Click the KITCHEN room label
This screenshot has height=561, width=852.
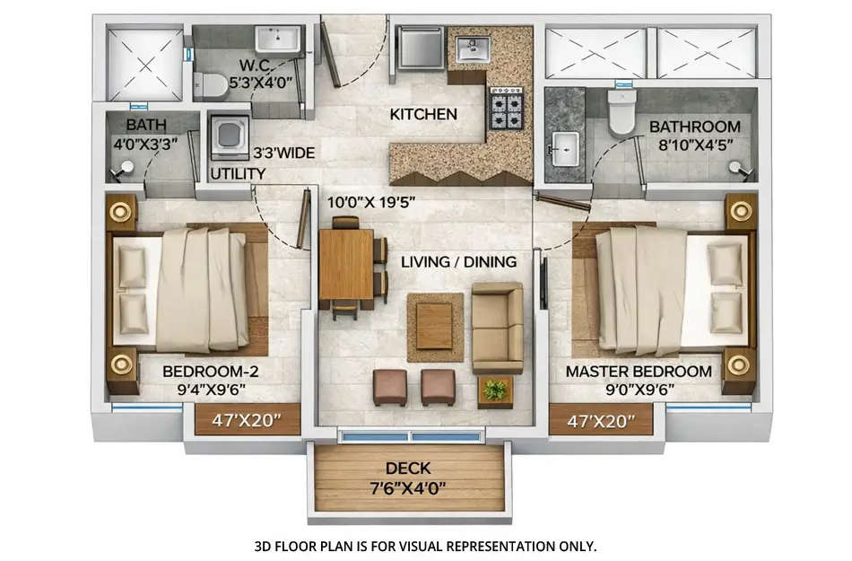[x=423, y=115]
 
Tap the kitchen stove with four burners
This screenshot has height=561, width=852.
[x=506, y=109]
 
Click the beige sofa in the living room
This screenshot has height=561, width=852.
[x=497, y=329]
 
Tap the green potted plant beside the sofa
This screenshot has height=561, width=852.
[x=494, y=390]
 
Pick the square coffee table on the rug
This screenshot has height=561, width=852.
[x=435, y=325]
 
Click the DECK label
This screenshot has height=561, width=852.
[x=408, y=468]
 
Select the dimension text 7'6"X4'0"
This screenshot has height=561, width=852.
[x=408, y=488]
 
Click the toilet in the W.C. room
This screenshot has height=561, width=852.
[x=210, y=86]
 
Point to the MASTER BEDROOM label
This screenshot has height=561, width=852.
[x=639, y=371]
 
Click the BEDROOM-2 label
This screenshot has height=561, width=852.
[x=204, y=371]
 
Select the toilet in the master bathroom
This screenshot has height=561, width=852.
[x=622, y=110]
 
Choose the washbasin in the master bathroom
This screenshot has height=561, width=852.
[x=565, y=149]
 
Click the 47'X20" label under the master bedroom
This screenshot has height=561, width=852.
[x=601, y=419]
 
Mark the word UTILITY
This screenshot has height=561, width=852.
[x=238, y=173]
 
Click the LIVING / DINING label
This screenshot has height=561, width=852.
[x=458, y=262]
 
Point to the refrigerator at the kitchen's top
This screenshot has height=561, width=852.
[x=420, y=48]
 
